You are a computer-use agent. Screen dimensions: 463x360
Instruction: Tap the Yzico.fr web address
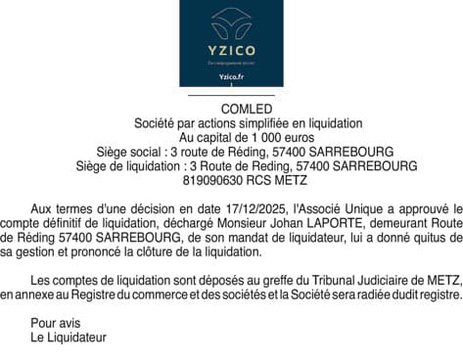[231, 76]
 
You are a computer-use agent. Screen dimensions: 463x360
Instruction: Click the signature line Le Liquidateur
[69, 337]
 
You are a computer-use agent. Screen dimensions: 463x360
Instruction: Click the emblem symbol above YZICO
[231, 21]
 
